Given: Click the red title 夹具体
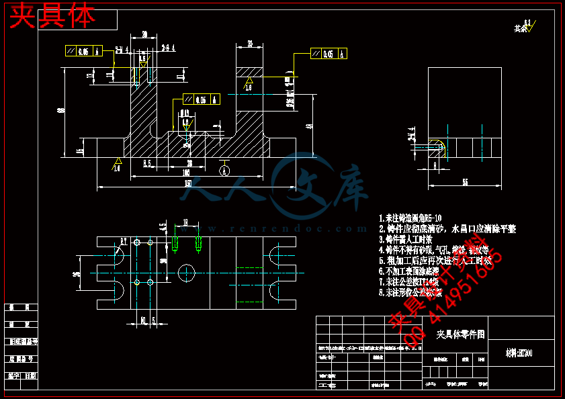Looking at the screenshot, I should click(52, 16).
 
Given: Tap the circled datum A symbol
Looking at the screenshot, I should click(224, 171).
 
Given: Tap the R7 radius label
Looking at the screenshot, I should click(124, 240).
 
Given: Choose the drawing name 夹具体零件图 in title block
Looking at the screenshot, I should click(460, 334).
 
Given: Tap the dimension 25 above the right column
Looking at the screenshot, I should click(249, 44).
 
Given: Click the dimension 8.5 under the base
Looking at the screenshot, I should click(147, 163).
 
